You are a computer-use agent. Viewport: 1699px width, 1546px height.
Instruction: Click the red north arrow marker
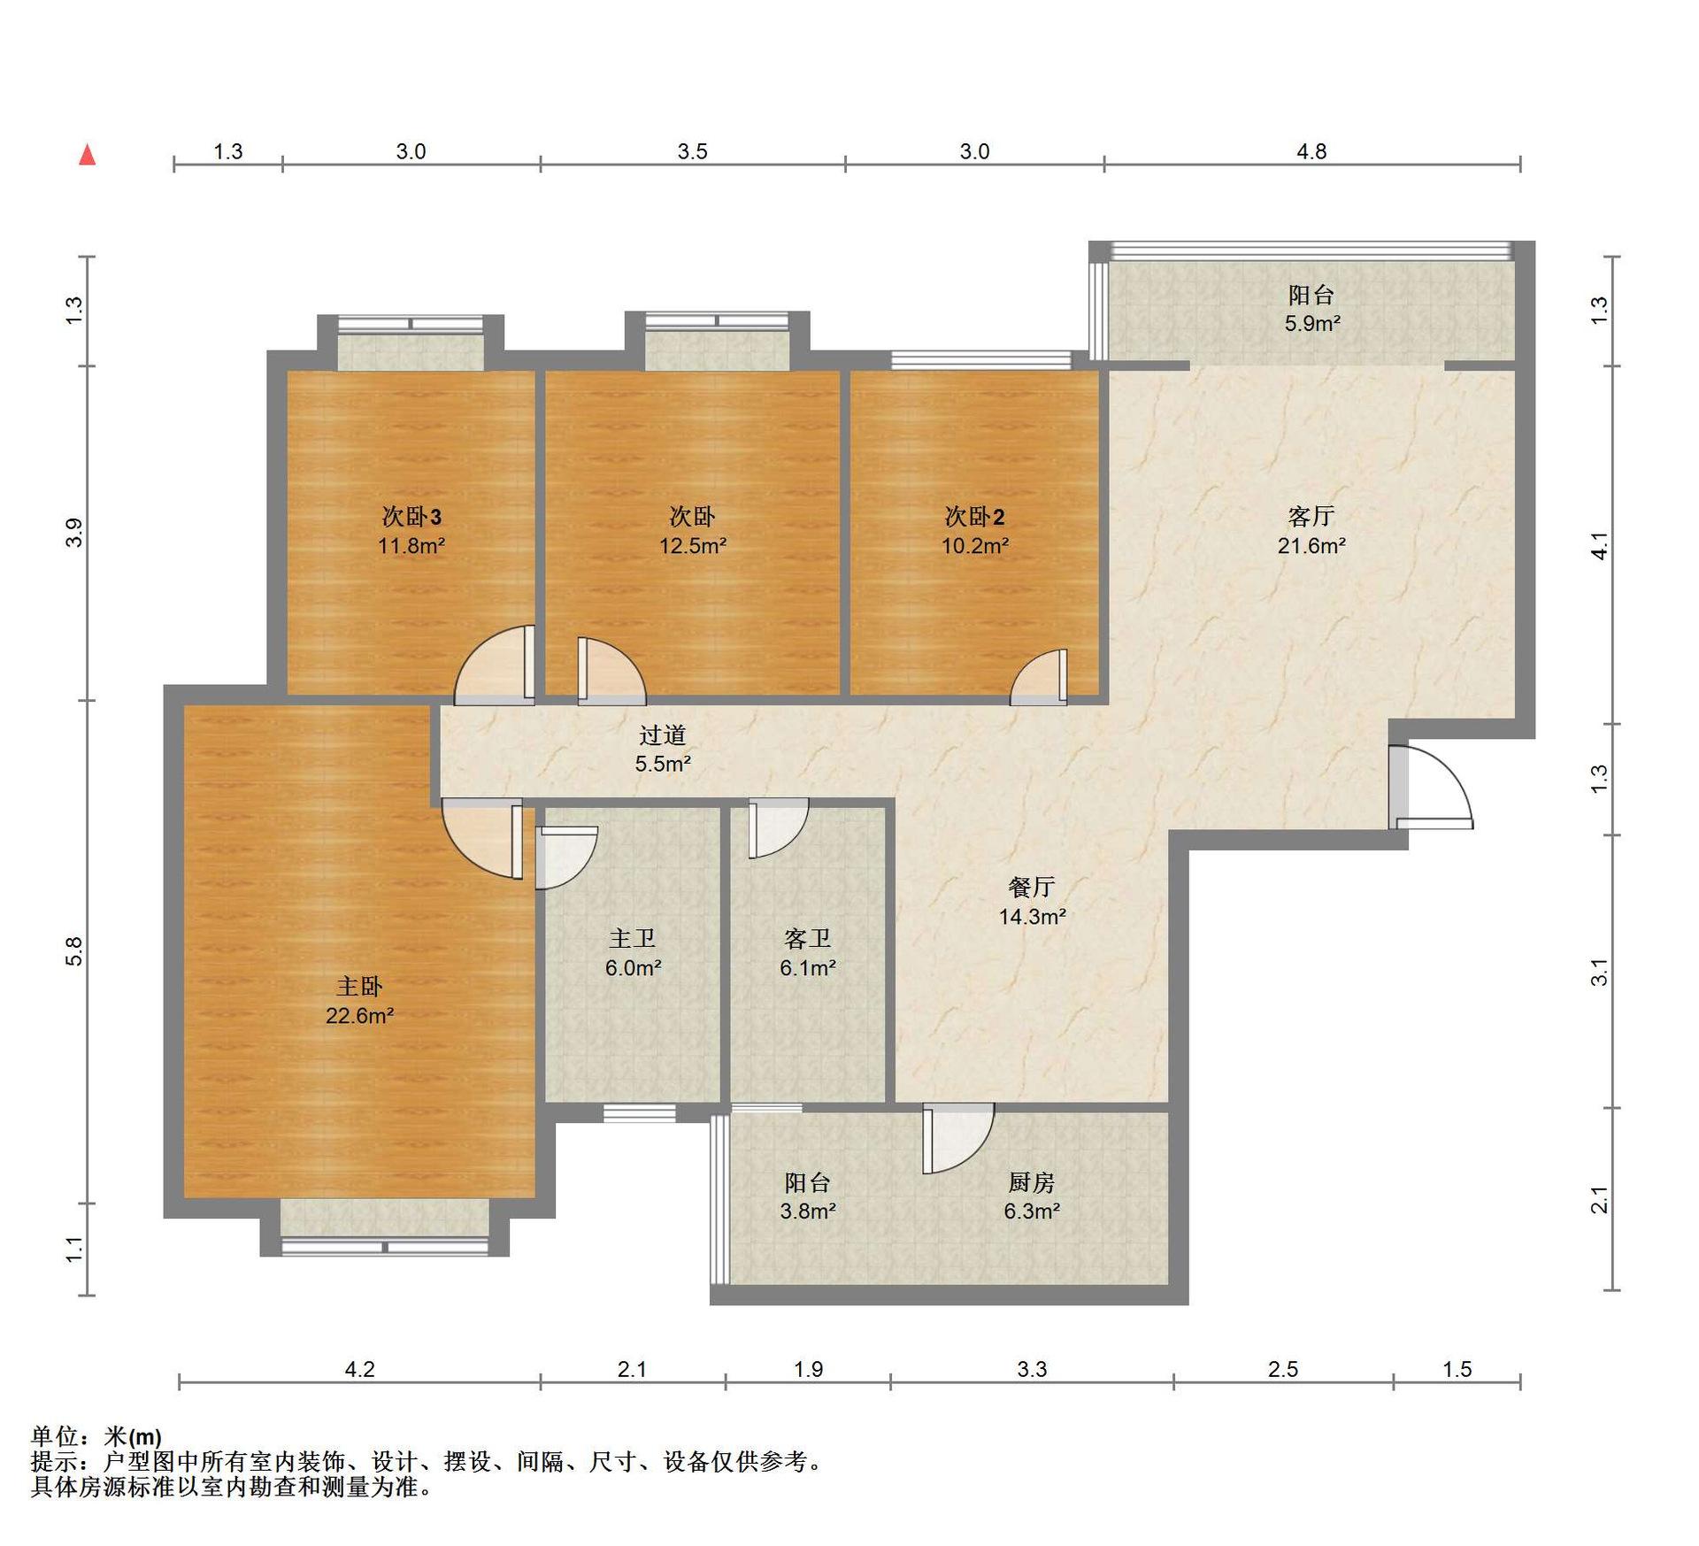87,155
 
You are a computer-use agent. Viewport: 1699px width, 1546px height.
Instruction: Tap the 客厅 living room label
1311,516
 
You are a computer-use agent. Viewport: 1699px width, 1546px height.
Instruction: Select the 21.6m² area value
1311,546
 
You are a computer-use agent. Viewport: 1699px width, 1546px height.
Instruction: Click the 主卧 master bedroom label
358,986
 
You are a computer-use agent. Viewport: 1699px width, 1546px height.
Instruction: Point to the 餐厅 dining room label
1032,887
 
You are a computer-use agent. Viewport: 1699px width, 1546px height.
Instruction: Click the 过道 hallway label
663,735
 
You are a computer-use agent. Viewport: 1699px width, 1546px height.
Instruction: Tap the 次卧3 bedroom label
411,516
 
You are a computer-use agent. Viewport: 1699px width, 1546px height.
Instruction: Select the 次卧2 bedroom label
974,516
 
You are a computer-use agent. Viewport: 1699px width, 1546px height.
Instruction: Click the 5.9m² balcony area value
1312,324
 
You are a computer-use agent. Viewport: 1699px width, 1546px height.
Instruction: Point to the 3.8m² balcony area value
808,1211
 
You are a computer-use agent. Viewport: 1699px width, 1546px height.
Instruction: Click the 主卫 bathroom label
632,938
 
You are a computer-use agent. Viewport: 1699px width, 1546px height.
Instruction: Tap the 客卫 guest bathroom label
807,938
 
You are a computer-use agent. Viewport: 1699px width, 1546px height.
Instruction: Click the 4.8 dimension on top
1311,151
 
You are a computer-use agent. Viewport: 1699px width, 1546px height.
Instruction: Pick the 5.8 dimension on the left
73,950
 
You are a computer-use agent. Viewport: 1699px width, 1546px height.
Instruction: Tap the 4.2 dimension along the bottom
359,1369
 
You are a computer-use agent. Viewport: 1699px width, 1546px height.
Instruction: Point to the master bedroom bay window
385,1227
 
